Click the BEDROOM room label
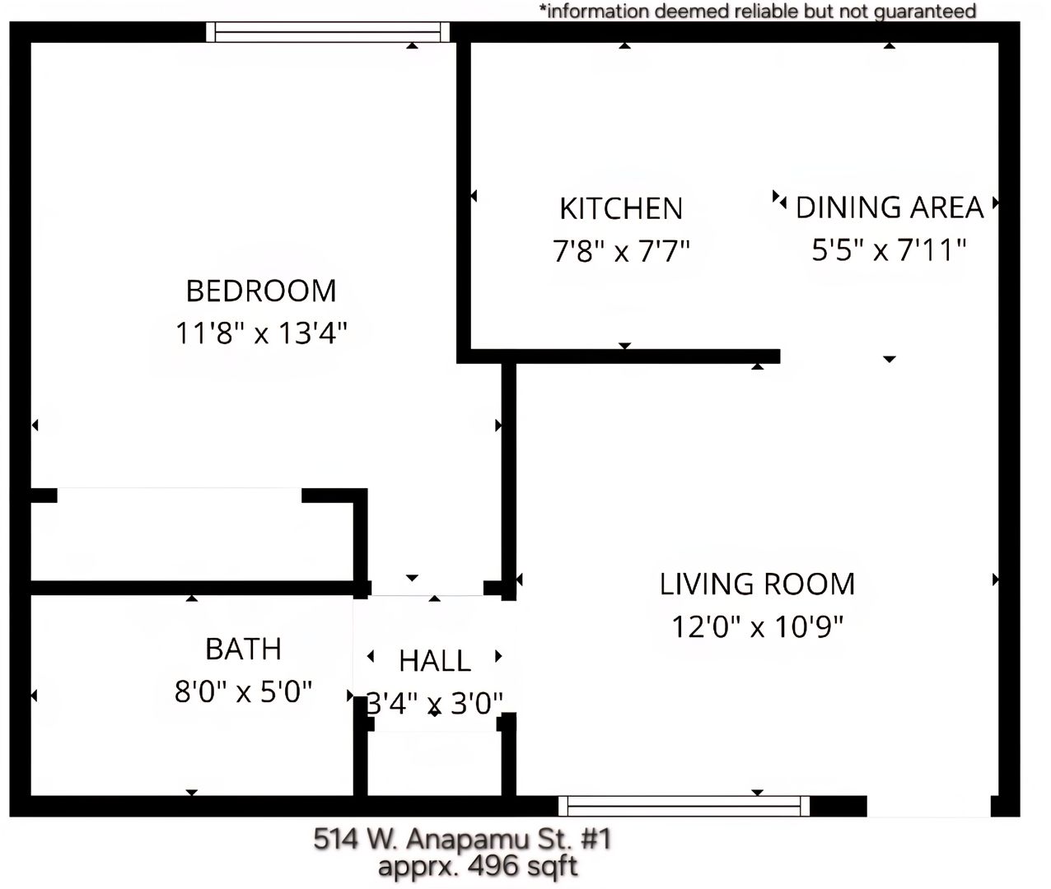261,291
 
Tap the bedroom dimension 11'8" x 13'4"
261,333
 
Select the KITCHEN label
621,208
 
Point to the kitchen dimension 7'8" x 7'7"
621,250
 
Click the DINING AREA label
890,207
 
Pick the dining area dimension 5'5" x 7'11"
889,249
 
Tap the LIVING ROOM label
757,584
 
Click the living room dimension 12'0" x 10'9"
757,626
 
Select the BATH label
243,649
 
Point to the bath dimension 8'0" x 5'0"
243,691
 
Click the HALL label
435,661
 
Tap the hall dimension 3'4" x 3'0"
435,704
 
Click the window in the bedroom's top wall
328,32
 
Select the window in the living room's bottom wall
684,806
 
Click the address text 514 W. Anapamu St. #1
462,838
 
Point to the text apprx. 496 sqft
478,866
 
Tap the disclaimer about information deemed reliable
758,11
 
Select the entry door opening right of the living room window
929,806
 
